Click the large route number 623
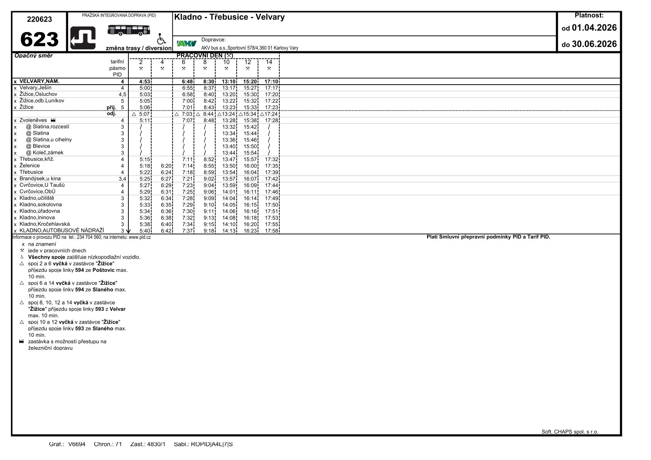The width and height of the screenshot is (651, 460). [39, 39]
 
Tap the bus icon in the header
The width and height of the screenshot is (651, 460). [129, 30]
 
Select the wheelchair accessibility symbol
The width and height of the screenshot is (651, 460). [161, 39]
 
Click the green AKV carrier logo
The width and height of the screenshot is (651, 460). [186, 43]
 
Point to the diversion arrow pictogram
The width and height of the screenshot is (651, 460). [83, 38]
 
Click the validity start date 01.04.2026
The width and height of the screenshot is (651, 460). [594, 28]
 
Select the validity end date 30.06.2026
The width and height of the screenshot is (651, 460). [594, 44]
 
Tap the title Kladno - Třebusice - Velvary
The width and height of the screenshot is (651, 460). [229, 17]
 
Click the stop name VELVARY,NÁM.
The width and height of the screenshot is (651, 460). [39, 82]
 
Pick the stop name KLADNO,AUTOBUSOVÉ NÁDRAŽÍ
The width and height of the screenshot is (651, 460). [62, 231]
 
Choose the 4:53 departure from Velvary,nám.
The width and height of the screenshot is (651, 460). [145, 82]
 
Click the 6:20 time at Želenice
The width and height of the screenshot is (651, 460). [166, 166]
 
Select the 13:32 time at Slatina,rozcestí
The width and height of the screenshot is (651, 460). [229, 127]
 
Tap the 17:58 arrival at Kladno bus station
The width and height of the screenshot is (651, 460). [271, 231]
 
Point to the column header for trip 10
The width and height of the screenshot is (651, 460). [226, 62]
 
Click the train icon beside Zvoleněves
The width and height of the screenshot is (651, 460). [53, 120]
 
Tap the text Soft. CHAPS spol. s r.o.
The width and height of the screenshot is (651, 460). [569, 432]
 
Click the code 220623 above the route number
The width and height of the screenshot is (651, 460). [39, 19]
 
